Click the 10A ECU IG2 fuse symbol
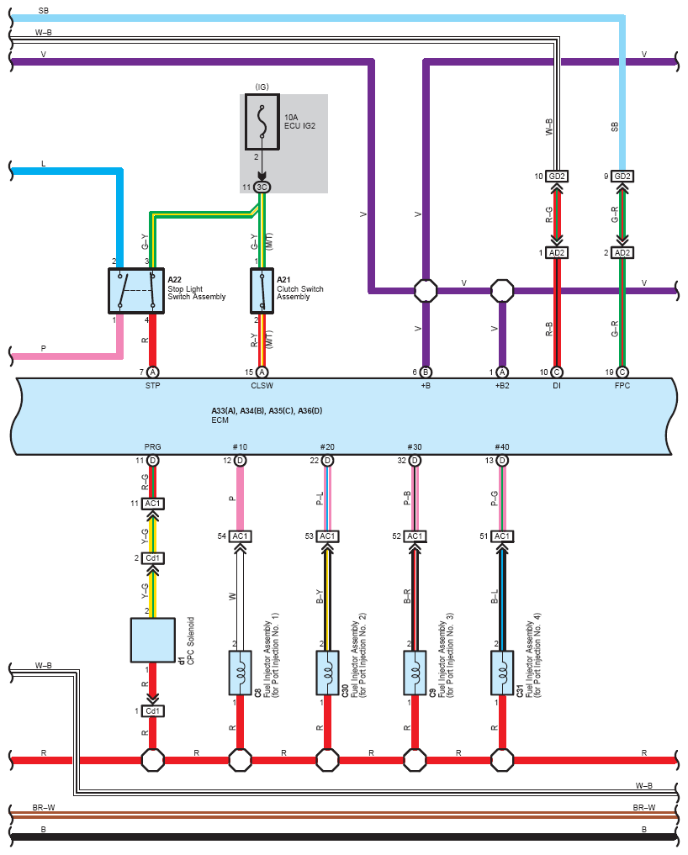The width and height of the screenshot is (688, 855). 262,122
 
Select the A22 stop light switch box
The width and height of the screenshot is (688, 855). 136,291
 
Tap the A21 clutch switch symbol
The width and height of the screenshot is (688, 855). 262,291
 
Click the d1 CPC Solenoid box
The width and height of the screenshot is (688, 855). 153,640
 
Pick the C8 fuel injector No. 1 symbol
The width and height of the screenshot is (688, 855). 240,673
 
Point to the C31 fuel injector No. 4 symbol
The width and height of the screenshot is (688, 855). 502,673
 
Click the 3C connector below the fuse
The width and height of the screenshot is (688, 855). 262,187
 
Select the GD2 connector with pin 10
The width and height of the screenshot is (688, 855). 557,176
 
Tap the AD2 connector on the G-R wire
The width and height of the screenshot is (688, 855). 622,252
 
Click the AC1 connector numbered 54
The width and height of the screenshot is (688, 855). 240,536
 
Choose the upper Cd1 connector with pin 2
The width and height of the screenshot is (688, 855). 153,558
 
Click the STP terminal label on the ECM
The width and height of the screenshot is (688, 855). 153,386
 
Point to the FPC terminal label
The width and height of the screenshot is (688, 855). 622,386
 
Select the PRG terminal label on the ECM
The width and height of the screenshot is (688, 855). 153,446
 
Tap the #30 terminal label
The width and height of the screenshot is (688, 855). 415,446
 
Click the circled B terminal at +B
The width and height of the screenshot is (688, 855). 426,372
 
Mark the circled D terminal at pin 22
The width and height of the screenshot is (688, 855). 327,461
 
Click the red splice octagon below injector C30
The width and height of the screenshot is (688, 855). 327,759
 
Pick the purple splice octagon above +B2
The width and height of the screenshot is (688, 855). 502,291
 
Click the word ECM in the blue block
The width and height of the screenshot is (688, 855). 220,420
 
